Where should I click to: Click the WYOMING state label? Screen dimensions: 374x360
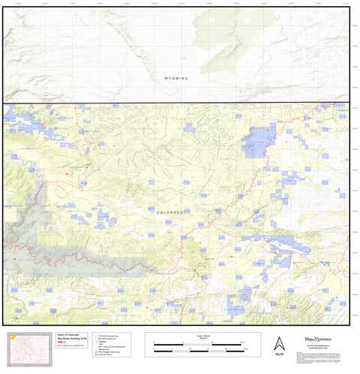click(x=176, y=78)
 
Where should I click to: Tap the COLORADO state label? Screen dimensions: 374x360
click(x=169, y=212)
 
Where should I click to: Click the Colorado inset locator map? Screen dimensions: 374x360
click(x=21, y=348)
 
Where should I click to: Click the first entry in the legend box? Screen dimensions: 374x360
click(x=105, y=336)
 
